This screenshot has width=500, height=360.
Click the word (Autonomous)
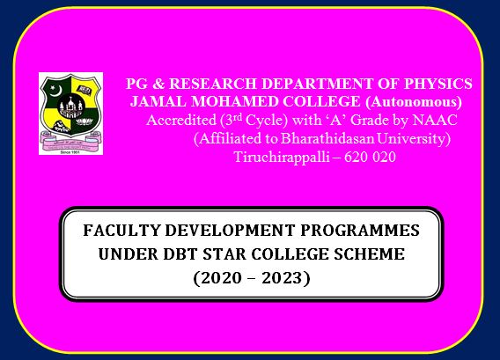tap(414, 102)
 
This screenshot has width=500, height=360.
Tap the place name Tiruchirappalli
tap(282, 158)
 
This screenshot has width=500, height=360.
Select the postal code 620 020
tap(370, 157)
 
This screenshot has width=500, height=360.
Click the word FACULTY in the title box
tap(121, 231)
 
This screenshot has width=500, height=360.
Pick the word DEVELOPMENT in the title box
tap(230, 231)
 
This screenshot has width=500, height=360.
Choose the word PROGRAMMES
tap(360, 231)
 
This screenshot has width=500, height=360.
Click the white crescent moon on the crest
tap(56, 92)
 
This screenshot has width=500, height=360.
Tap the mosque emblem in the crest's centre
tap(70, 106)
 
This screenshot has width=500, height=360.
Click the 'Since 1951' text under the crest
tap(70, 152)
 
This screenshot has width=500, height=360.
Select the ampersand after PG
tap(158, 84)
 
